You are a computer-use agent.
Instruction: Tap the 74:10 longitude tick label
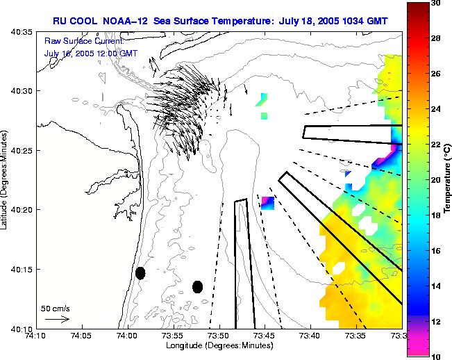point(35,335)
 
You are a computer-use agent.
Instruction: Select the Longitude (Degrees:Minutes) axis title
point(219,345)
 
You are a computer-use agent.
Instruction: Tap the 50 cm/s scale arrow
point(56,319)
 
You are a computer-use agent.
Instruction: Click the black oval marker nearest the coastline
point(140,273)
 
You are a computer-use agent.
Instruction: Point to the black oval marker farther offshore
point(197,287)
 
